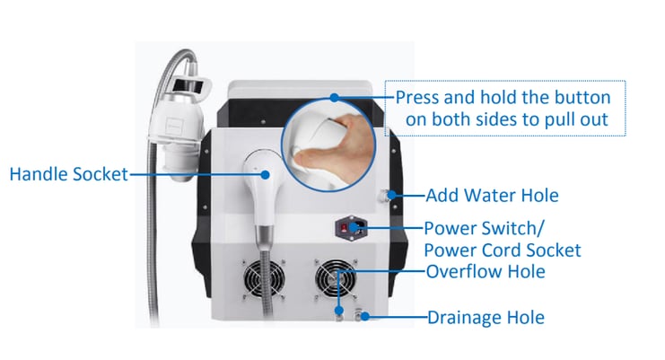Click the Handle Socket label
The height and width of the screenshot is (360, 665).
point(69,174)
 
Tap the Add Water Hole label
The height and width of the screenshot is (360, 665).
point(492,196)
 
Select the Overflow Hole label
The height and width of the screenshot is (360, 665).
point(486,272)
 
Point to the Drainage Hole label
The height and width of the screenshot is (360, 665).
point(486,318)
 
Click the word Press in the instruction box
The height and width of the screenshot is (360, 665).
point(417,98)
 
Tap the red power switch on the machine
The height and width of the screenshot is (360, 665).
point(344,229)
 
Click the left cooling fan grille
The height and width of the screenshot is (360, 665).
point(264,279)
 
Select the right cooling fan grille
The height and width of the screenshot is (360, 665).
point(336,279)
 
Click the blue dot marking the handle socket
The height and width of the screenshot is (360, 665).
point(265,175)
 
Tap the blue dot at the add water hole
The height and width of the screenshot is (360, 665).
point(392,195)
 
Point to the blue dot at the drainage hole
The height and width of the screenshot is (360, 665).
point(364,316)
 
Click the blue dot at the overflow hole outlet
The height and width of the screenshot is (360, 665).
point(338,311)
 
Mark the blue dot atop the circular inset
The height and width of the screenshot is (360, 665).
point(335,98)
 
